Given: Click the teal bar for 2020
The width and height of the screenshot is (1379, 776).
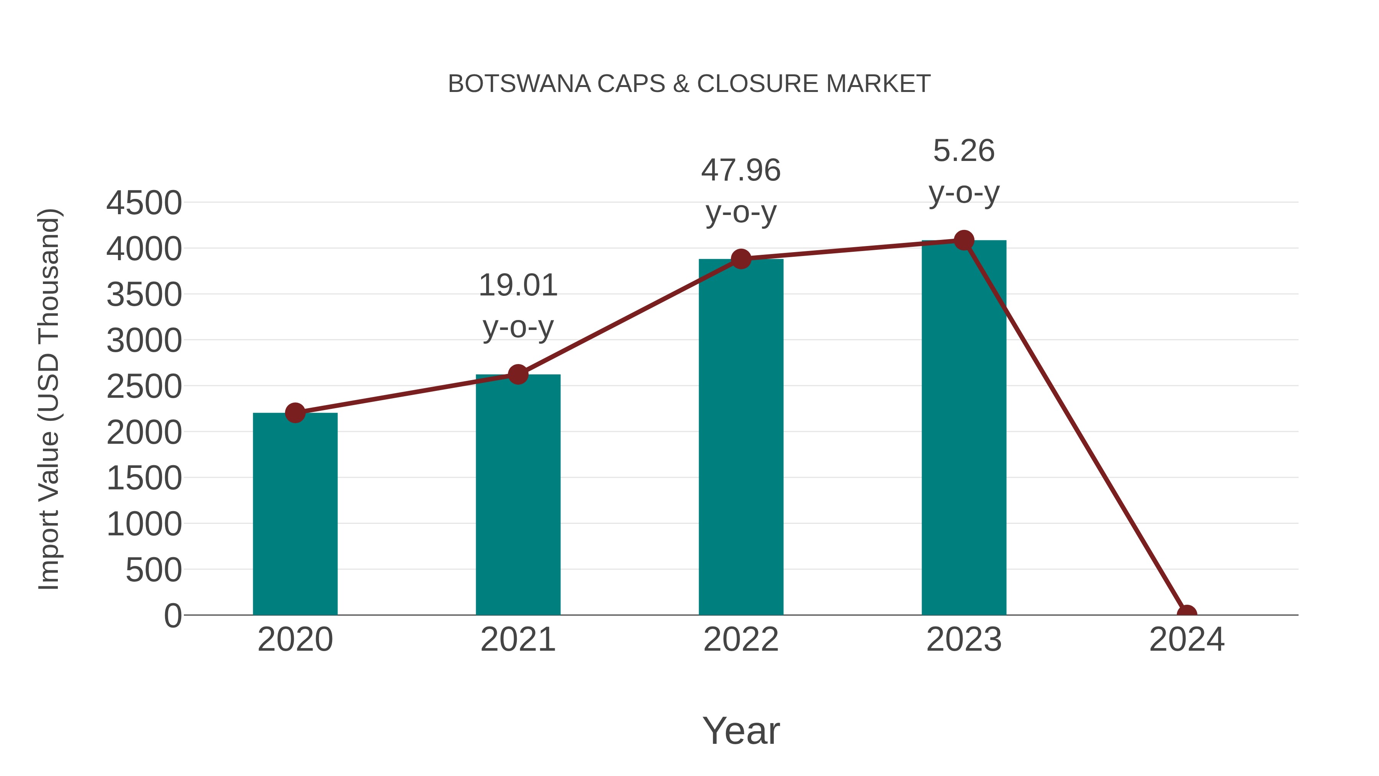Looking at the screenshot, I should click(295, 514).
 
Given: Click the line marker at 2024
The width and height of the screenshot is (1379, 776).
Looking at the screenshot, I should click(1187, 614).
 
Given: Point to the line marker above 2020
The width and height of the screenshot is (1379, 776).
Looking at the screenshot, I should click(295, 413).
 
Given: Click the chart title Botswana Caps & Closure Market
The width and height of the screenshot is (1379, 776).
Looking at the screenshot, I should click(689, 84).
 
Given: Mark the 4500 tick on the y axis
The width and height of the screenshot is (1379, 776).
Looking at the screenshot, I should click(144, 203).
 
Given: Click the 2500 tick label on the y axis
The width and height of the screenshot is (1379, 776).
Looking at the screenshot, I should click(144, 387).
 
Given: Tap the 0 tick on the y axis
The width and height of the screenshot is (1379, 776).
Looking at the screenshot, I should click(172, 615).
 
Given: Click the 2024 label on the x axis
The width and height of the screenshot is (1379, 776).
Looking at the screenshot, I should click(1187, 640).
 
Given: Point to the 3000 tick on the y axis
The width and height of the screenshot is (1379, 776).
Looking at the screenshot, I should click(144, 341).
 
